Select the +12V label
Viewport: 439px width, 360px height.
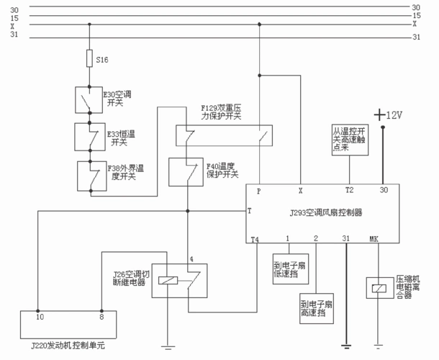[389, 115]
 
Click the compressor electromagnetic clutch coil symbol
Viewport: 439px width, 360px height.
[379, 289]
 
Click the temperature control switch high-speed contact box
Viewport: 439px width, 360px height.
[350, 138]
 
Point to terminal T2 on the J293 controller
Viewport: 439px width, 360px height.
[350, 191]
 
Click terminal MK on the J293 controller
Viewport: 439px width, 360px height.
[374, 238]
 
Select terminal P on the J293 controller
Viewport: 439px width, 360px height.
[258, 191]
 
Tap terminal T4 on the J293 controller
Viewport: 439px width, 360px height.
[255, 238]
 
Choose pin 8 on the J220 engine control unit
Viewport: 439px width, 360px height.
[101, 316]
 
